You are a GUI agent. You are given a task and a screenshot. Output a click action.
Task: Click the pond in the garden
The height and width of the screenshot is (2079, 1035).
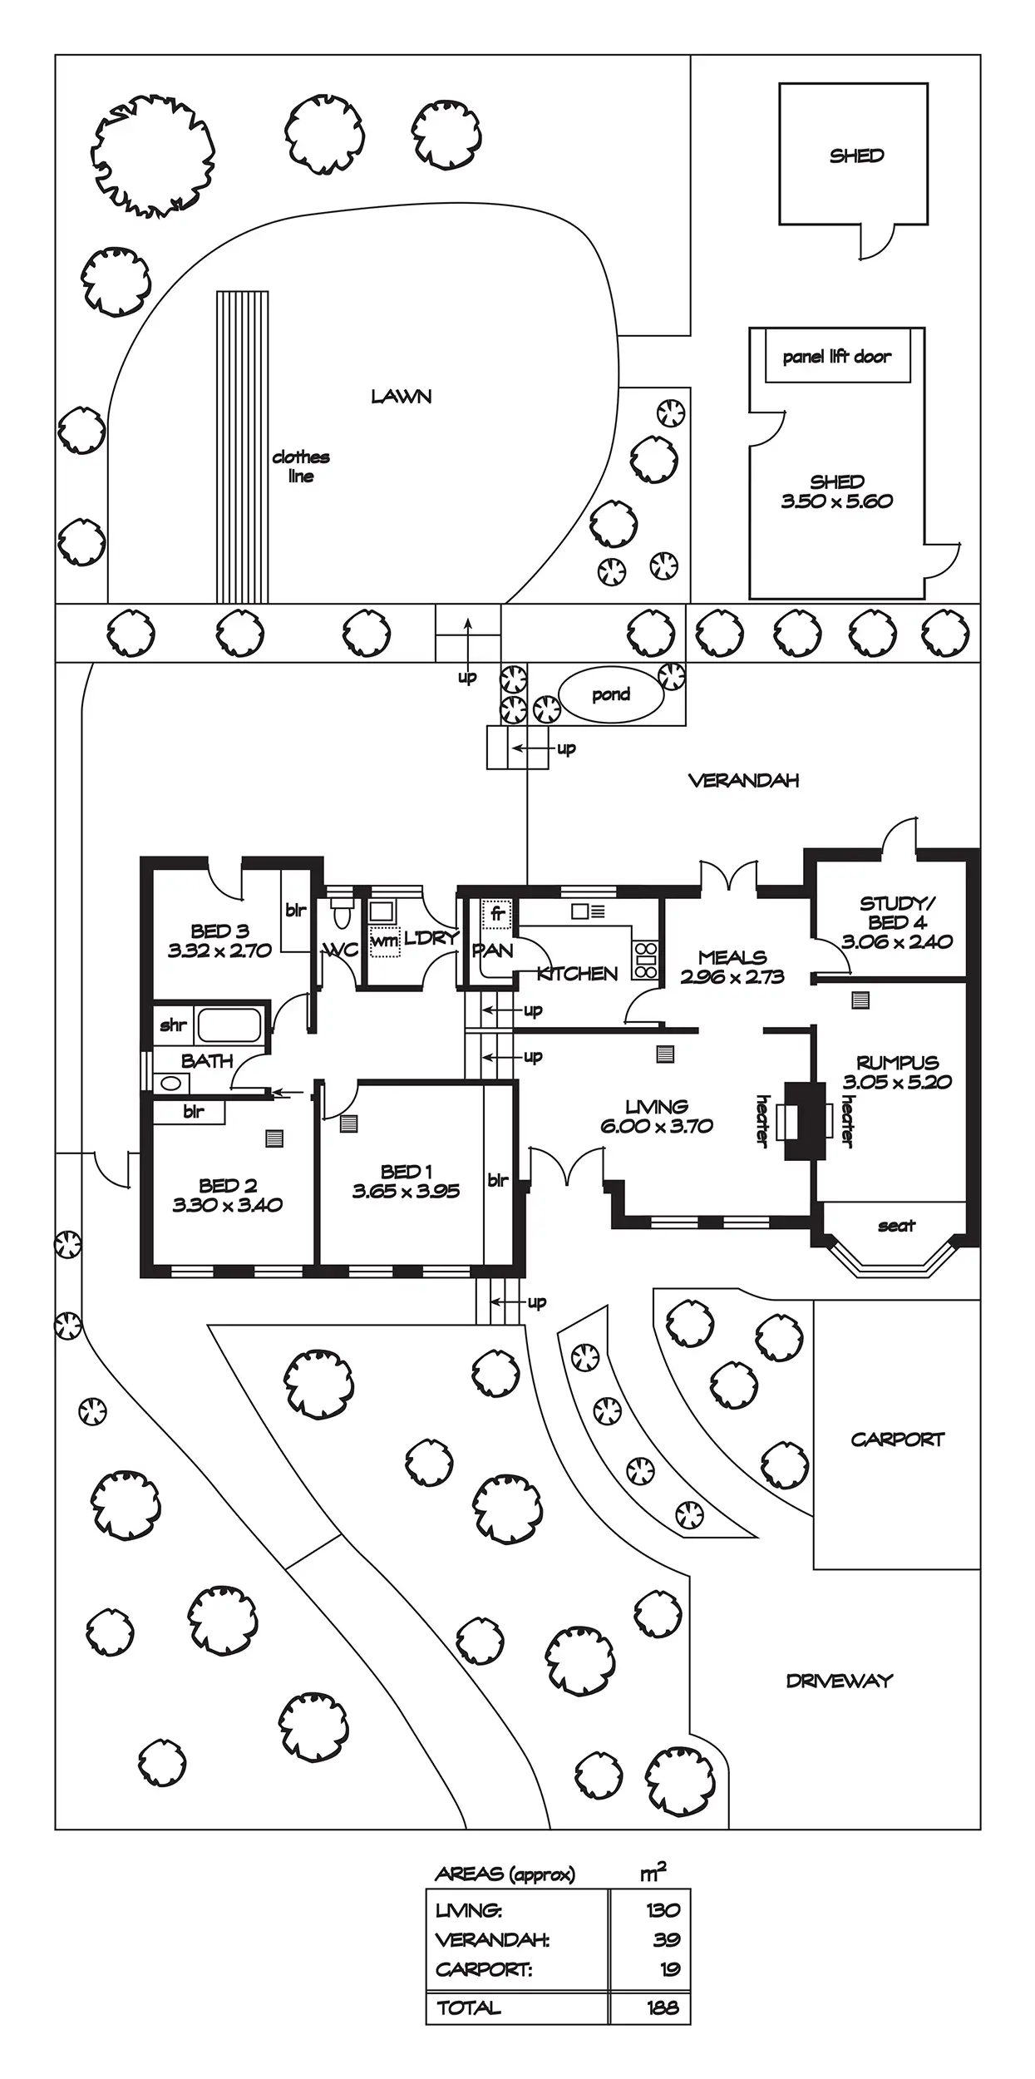pyautogui.click(x=611, y=694)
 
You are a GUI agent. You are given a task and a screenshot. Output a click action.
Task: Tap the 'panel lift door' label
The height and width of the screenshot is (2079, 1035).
pyautogui.click(x=836, y=357)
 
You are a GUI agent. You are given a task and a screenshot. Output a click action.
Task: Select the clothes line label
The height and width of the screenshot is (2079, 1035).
pyautogui.click(x=301, y=467)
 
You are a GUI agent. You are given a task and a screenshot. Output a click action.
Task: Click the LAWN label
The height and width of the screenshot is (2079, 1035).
pyautogui.click(x=402, y=397)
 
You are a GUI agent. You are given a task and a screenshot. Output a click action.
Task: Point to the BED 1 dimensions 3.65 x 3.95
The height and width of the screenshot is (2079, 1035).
pyautogui.click(x=406, y=1191)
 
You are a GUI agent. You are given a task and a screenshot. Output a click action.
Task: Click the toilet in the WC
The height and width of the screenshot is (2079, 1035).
pyautogui.click(x=342, y=911)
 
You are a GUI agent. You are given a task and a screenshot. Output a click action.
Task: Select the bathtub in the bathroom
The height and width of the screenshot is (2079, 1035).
pyautogui.click(x=229, y=1025)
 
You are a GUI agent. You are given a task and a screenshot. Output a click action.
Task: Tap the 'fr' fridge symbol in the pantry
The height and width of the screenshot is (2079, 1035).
pyautogui.click(x=497, y=914)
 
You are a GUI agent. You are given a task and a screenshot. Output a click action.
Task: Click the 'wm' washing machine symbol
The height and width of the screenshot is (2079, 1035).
pyautogui.click(x=384, y=941)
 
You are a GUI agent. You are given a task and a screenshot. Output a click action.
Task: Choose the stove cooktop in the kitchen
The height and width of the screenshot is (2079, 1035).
pyautogui.click(x=646, y=960)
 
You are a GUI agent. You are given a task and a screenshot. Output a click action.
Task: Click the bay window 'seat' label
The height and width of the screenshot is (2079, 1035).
pyautogui.click(x=896, y=1226)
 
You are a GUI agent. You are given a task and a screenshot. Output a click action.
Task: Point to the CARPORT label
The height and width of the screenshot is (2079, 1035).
pyautogui.click(x=898, y=1439)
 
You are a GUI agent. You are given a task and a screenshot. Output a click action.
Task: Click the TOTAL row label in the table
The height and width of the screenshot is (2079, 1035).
pyautogui.click(x=469, y=2007)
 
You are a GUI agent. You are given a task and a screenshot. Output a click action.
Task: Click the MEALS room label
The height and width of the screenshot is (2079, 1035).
pyautogui.click(x=732, y=957)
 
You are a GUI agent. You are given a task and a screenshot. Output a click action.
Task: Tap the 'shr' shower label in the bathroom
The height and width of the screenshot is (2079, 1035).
pyautogui.click(x=173, y=1025)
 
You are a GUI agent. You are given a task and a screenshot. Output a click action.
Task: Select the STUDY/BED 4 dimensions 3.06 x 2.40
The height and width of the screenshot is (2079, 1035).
pyautogui.click(x=897, y=941)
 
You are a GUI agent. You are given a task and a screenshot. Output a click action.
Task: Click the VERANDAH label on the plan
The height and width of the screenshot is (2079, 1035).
pyautogui.click(x=744, y=780)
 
